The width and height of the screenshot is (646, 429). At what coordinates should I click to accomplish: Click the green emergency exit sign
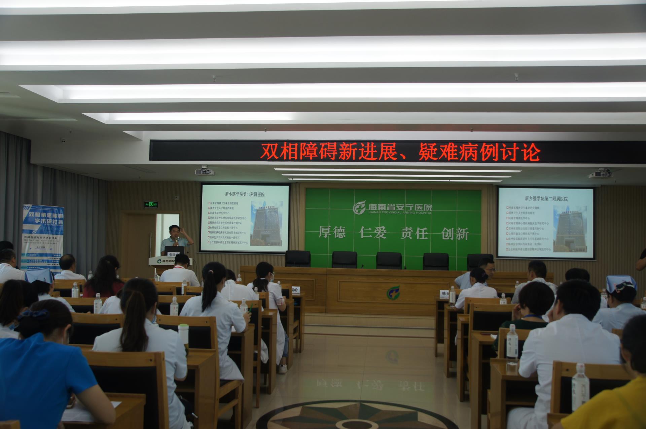(151, 204)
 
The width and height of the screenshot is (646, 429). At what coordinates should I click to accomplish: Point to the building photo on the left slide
(266, 223)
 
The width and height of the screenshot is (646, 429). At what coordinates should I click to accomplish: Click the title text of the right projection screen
(546, 199)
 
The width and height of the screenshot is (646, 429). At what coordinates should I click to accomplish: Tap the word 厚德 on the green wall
(332, 232)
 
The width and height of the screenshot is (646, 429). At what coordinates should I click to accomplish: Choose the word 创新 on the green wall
(455, 233)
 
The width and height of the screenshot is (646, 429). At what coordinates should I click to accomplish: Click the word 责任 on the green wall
(414, 233)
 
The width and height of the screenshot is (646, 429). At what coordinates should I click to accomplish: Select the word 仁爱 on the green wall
(373, 232)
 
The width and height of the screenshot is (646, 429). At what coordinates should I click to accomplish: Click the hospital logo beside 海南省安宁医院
(359, 207)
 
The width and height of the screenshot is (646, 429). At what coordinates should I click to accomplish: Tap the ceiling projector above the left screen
(204, 171)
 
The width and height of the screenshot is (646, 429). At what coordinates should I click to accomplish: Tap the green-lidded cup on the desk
(183, 333)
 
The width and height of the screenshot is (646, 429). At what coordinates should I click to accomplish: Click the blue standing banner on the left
(43, 236)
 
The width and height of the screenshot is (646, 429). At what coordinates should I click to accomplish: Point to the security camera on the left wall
(63, 140)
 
